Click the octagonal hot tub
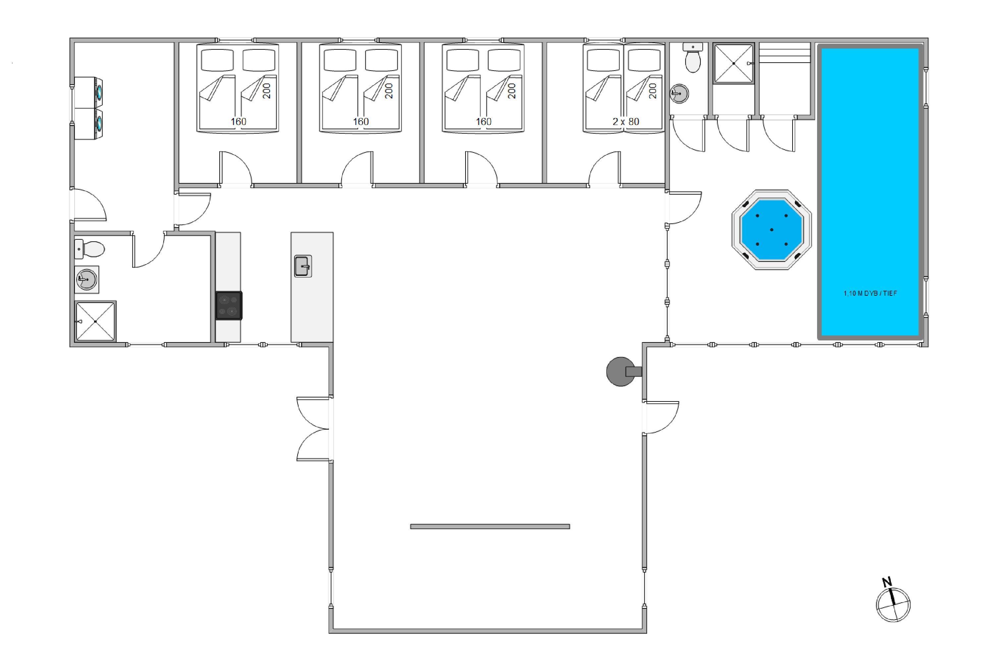pyautogui.click(x=771, y=230)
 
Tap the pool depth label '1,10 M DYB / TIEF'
pyautogui.click(x=870, y=293)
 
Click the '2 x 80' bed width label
pyautogui.click(x=626, y=122)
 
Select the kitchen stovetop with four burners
pyautogui.click(x=229, y=305)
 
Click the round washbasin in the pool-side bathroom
pyautogui.click(x=680, y=93)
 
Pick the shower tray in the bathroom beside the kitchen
pyautogui.click(x=95, y=321)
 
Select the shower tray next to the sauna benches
pyautogui.click(x=734, y=63)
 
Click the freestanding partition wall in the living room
pyautogui.click(x=490, y=526)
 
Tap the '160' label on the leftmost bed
pyautogui.click(x=238, y=122)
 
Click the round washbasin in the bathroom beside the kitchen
pyautogui.click(x=86, y=279)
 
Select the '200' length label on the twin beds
pyautogui.click(x=653, y=91)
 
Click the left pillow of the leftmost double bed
pyautogui.click(x=217, y=60)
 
